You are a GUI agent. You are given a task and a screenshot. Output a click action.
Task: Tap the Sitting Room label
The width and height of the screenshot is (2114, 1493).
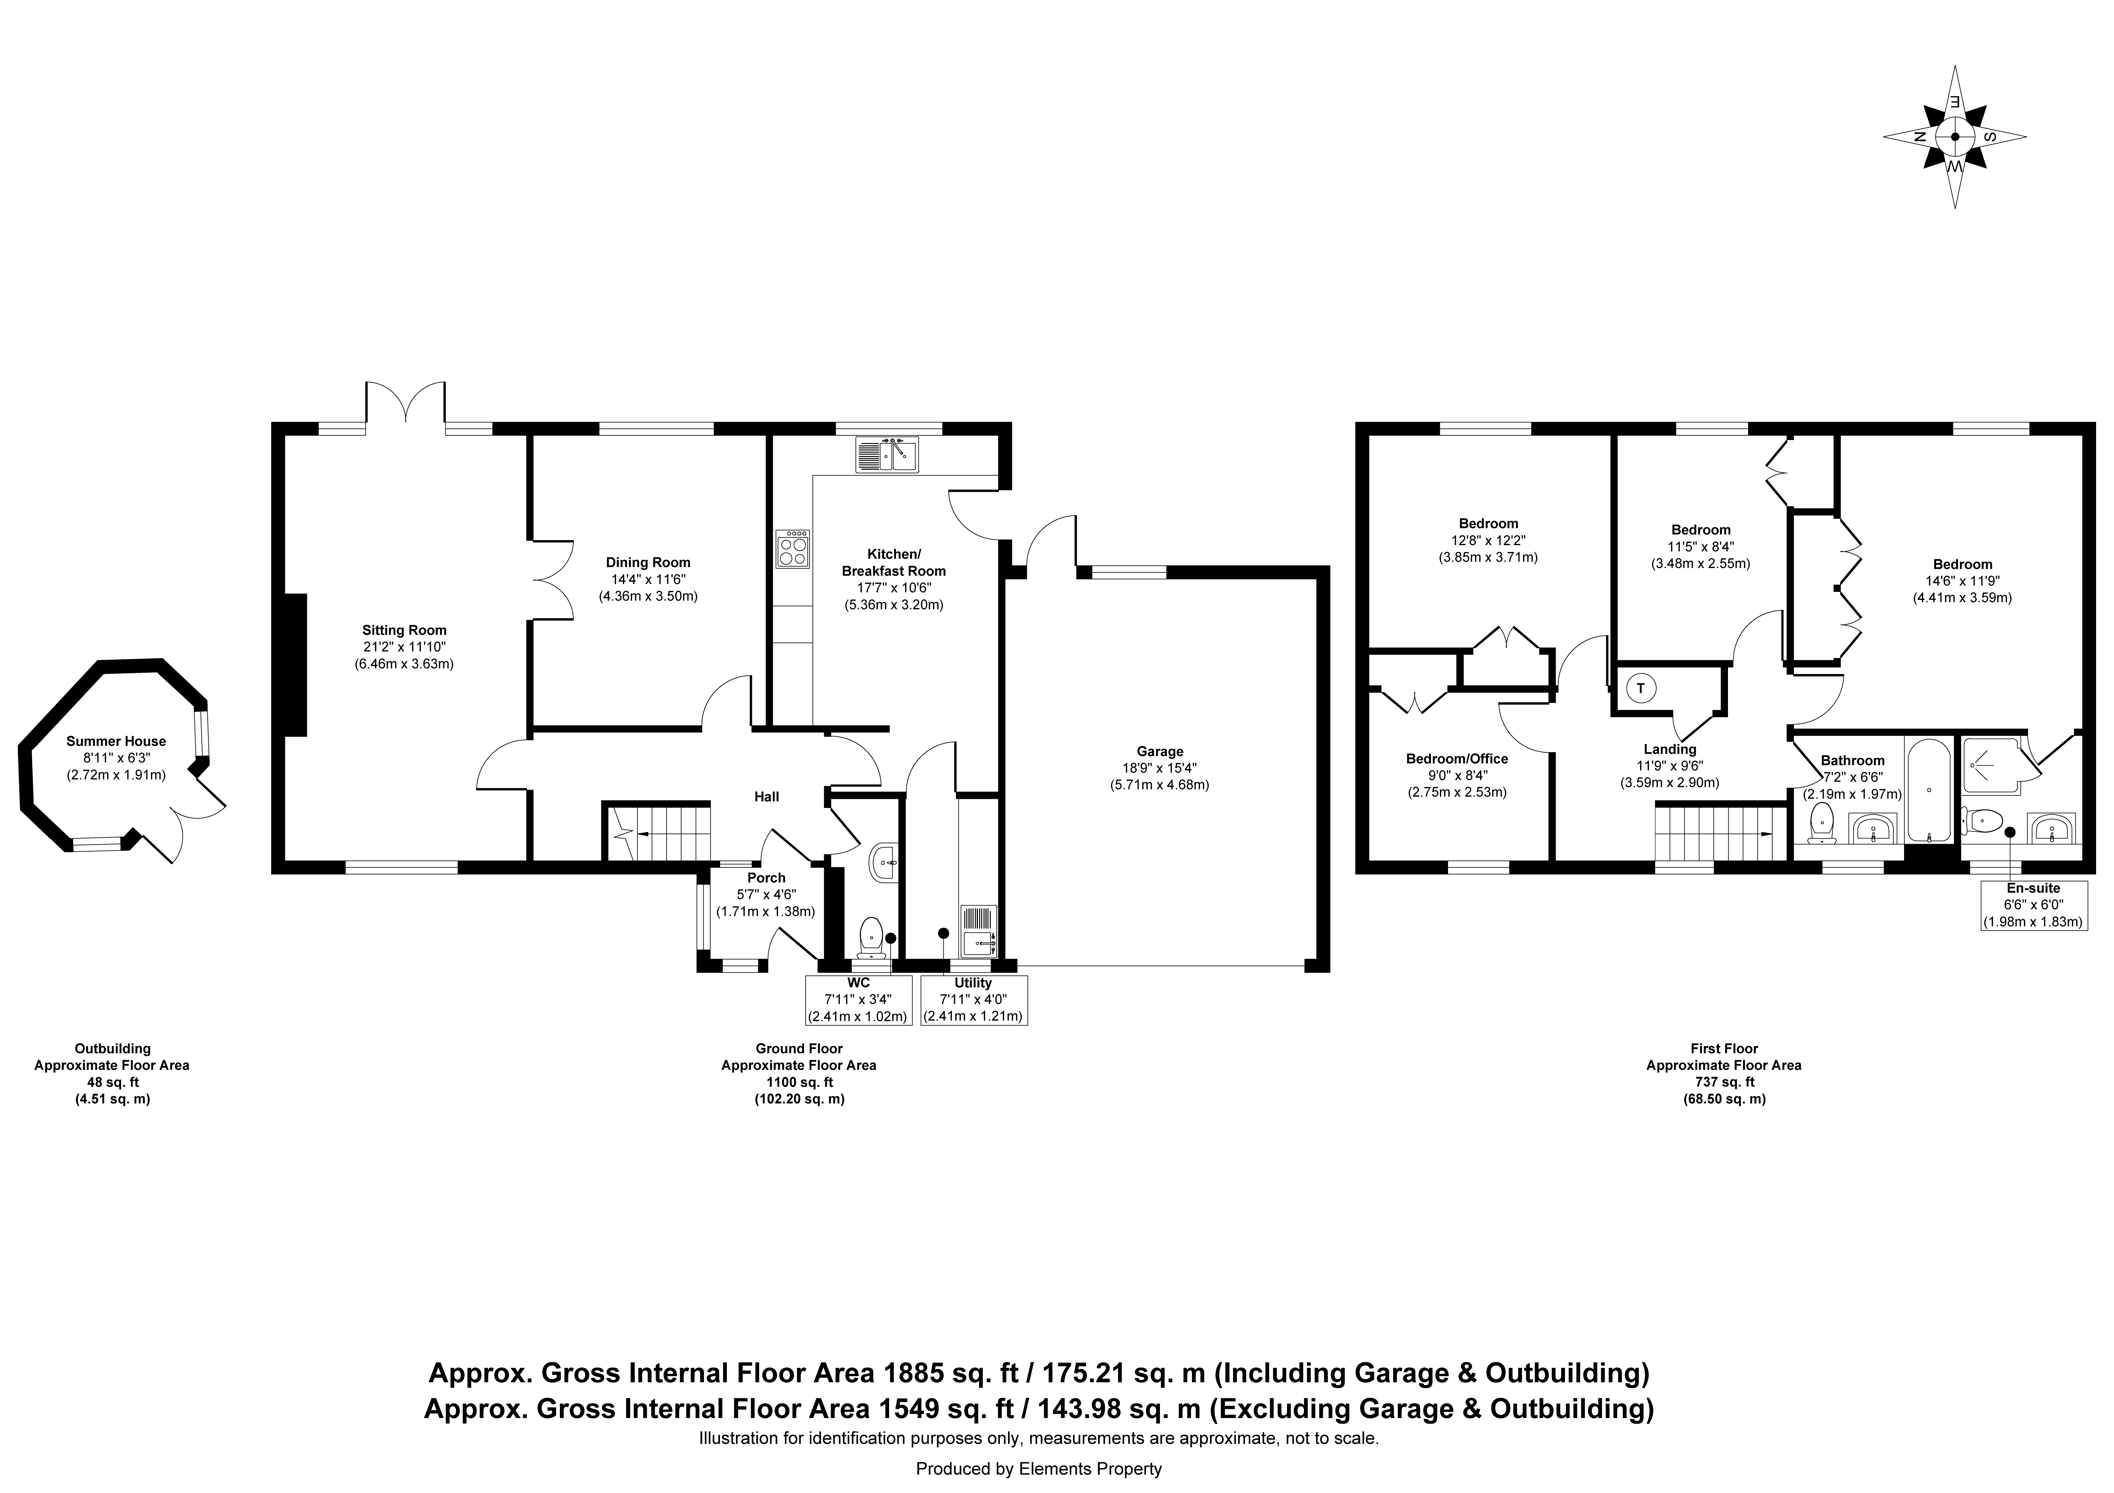[x=404, y=630]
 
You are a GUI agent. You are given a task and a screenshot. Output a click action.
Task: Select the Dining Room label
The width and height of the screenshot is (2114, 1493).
[x=648, y=562]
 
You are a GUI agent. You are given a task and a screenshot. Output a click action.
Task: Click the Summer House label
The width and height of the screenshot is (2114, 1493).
[x=116, y=741]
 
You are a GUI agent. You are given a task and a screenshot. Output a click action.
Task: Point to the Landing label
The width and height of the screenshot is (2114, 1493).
[x=1669, y=749]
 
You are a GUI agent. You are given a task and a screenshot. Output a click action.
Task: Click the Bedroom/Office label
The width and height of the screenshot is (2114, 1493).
[x=1457, y=758]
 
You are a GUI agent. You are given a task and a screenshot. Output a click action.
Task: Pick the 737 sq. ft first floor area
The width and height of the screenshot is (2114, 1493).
[x=1724, y=1081]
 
